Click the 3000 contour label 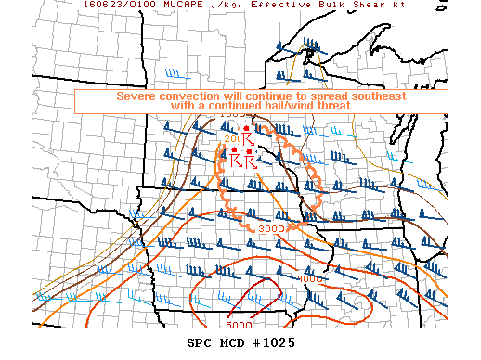[x=271, y=229]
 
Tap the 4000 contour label [x=311, y=278]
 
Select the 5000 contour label [x=239, y=325]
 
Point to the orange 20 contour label [x=231, y=138]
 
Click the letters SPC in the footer [x=200, y=343]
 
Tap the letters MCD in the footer [x=232, y=343]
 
